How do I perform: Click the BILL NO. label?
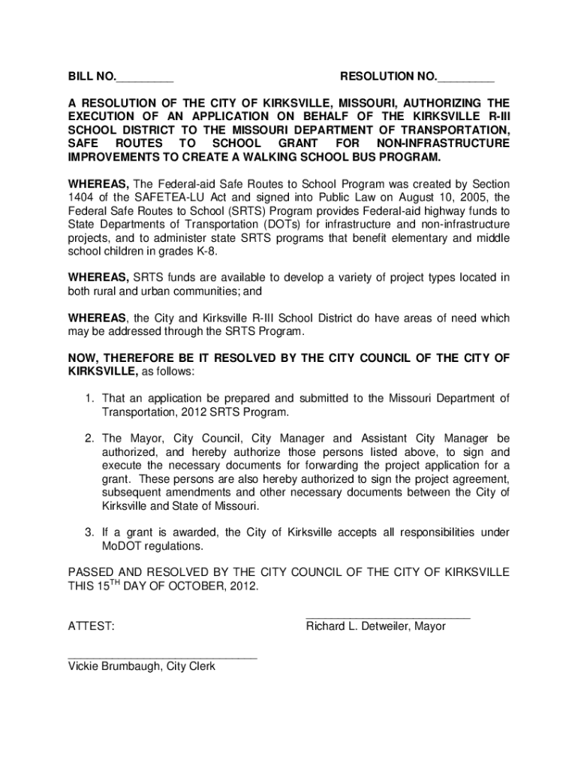[92, 77]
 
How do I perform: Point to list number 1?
[88, 398]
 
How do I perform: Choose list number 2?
[88, 439]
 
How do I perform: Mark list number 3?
[88, 533]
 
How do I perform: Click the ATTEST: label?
[92, 626]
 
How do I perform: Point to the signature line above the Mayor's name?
[388, 617]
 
